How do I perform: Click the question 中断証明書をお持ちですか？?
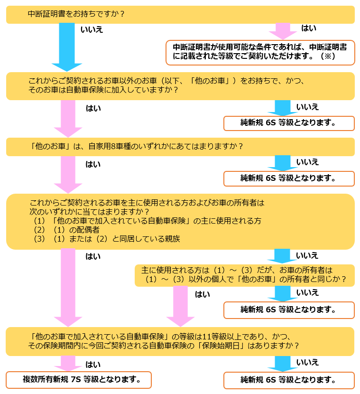pos(76,14)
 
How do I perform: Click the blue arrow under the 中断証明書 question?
pos(67,47)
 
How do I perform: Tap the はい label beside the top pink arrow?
pos(308,28)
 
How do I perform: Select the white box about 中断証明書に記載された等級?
pos(260,53)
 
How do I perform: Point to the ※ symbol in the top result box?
pos(328,56)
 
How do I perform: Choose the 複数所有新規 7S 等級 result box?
pos(79,380)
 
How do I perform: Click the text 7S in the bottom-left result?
pos(75,379)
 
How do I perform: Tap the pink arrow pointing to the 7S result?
pos(68,363)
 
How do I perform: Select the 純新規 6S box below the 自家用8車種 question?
pos(289,178)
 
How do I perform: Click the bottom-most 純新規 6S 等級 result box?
pos(289,380)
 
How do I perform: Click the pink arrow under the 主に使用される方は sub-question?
pos(180,306)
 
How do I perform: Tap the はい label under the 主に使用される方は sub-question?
pos(202,294)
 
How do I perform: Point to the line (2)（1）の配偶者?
pos(66,230)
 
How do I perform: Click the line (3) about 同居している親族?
pos(107,239)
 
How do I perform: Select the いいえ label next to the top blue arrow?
pos(92,29)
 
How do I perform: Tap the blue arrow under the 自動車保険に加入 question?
pos(282,108)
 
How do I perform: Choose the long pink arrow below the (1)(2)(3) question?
pos(68,288)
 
